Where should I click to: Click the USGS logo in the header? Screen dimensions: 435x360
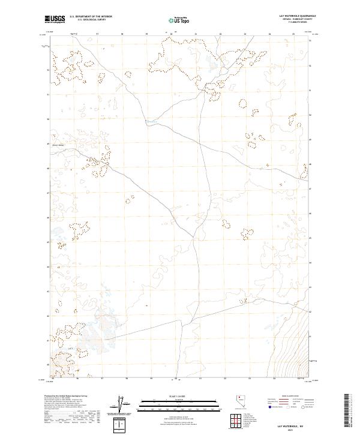(55, 20)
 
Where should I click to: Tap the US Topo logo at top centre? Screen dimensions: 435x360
(180, 20)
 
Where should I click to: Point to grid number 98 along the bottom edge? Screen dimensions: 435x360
(127, 379)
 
